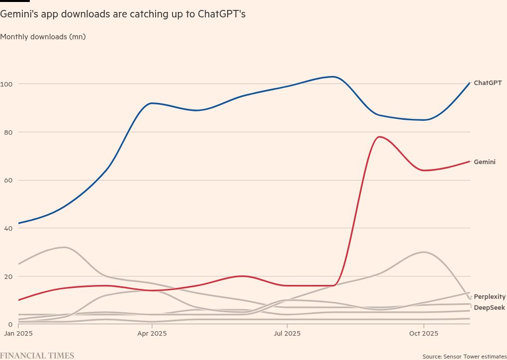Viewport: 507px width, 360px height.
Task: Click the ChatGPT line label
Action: [x=488, y=83]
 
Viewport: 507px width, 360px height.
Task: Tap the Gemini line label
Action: [x=484, y=162]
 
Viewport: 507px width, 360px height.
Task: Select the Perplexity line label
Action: [x=490, y=297]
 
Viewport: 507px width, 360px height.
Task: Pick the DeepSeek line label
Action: [x=489, y=308]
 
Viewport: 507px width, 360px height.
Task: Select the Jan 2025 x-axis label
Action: [x=18, y=334]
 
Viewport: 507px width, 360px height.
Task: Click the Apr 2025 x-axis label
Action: [x=152, y=334]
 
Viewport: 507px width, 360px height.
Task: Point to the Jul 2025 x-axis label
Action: [x=287, y=334]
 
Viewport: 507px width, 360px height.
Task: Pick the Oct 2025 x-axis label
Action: [x=422, y=334]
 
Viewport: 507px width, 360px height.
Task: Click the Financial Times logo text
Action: [x=37, y=356]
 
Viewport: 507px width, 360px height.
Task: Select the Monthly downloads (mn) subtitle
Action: [x=43, y=36]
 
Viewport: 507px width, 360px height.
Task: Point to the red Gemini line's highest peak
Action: [x=379, y=137]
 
